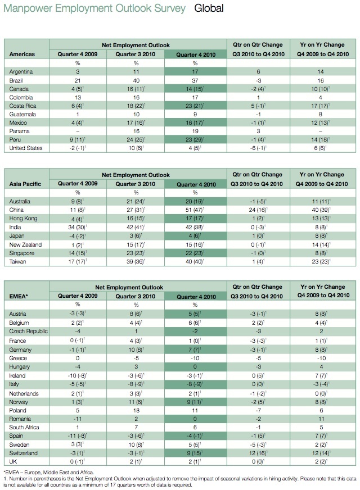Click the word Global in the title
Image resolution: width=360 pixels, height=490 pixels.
[x=209, y=8]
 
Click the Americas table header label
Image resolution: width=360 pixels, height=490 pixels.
[x=22, y=55]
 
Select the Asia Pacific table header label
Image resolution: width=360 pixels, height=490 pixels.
[x=25, y=184]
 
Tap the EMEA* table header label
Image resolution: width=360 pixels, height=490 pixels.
[x=19, y=296]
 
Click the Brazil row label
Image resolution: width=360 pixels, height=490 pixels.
[x=16, y=80]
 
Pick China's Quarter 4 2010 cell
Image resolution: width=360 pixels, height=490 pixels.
[x=195, y=210]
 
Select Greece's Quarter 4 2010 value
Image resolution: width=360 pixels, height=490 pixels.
[x=195, y=359]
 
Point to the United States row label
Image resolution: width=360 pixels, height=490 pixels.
[x=26, y=148]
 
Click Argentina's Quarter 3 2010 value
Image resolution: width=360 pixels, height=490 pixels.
[x=136, y=72]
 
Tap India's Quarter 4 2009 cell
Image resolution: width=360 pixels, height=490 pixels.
[x=78, y=228]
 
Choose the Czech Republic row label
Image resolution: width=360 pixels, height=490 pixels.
[x=29, y=331]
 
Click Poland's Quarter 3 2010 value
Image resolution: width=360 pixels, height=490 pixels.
[x=136, y=411]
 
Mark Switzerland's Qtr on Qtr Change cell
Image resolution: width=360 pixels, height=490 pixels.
[x=258, y=453]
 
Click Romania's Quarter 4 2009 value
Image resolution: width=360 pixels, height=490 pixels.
[x=78, y=419]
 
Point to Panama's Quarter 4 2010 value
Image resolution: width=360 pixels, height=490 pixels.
[x=195, y=131]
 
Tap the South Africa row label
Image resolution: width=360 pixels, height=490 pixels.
[x=24, y=428]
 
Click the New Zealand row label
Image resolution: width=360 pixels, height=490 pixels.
[x=25, y=244]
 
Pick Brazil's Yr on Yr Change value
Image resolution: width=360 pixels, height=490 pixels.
[x=321, y=80]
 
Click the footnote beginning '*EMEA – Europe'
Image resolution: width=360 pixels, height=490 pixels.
[x=49, y=473]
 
